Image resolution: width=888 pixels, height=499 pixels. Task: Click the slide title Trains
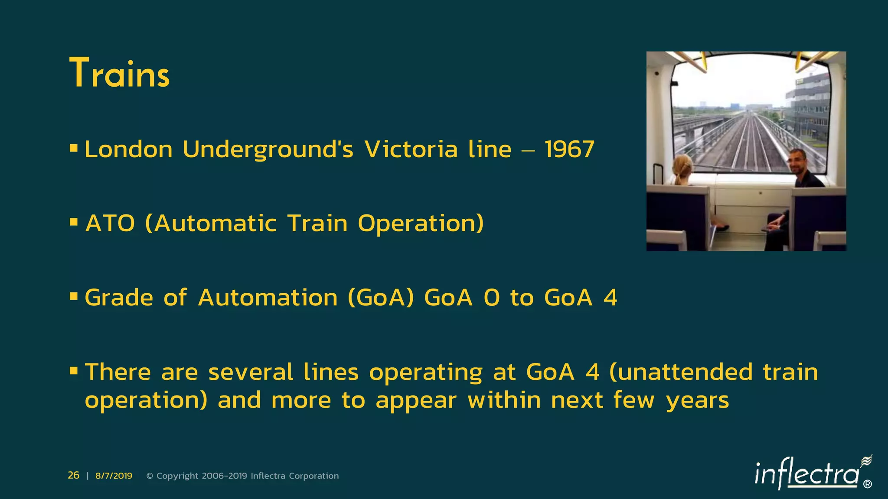(x=119, y=73)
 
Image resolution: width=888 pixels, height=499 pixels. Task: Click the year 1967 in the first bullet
(x=569, y=149)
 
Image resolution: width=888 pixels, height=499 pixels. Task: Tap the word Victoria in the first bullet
(x=411, y=149)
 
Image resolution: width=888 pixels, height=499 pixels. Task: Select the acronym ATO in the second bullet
(x=110, y=224)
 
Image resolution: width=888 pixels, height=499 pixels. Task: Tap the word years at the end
(x=697, y=401)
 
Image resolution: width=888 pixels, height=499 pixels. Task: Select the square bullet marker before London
(x=74, y=149)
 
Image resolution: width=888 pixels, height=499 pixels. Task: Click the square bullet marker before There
(x=74, y=371)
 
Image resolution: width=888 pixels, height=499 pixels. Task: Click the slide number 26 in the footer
(x=74, y=476)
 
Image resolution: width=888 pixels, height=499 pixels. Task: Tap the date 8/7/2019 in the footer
(x=114, y=476)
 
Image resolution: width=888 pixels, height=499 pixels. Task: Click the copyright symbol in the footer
(x=150, y=476)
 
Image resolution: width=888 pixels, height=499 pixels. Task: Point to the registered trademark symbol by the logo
(x=867, y=484)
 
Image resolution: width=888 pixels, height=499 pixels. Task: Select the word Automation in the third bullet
(x=268, y=298)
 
